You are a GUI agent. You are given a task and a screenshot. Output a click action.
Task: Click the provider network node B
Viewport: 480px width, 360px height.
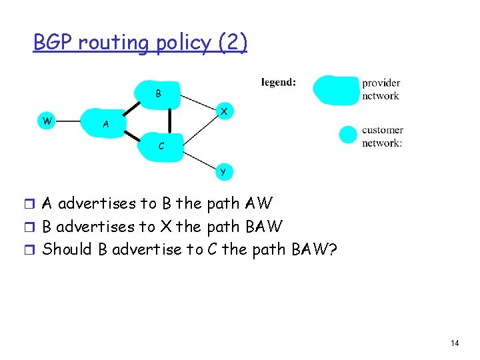click(x=158, y=93)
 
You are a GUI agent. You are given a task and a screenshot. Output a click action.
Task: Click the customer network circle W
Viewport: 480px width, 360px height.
click(x=46, y=121)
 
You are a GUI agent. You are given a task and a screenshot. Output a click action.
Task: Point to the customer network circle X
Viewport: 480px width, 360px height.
click(x=225, y=111)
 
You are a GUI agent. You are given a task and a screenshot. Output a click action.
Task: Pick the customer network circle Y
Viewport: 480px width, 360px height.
click(x=223, y=172)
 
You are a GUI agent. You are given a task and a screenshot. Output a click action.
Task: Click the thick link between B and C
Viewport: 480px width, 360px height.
click(x=169, y=119)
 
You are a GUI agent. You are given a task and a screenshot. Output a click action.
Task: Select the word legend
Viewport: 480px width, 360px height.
click(x=279, y=83)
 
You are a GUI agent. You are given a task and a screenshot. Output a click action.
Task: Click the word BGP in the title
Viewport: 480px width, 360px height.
click(x=53, y=43)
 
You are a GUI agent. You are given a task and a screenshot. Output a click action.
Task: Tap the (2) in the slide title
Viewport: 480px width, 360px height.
click(x=233, y=43)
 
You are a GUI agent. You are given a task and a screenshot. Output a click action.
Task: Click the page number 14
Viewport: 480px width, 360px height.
click(x=455, y=343)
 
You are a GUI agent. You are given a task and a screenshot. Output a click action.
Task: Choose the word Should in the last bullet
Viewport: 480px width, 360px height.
click(x=66, y=249)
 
